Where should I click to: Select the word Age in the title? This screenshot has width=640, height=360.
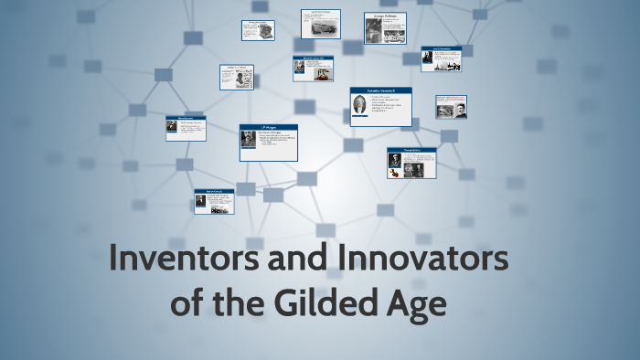(x=416, y=302)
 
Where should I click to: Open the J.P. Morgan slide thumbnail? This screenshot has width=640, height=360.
(x=268, y=143)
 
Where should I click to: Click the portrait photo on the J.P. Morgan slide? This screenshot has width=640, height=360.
(x=248, y=140)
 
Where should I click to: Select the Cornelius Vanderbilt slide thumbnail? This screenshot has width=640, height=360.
(x=380, y=106)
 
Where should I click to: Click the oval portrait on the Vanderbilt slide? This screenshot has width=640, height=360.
(x=359, y=104)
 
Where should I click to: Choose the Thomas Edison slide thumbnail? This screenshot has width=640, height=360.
(x=411, y=163)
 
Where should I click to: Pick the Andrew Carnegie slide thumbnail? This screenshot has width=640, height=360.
(x=213, y=201)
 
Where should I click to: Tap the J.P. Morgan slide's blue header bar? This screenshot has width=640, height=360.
(x=268, y=128)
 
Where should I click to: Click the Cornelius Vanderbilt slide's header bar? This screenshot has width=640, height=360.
(x=380, y=90)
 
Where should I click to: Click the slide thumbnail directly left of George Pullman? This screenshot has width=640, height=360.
(x=320, y=24)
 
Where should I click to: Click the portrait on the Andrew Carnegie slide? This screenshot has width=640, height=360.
(x=200, y=201)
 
